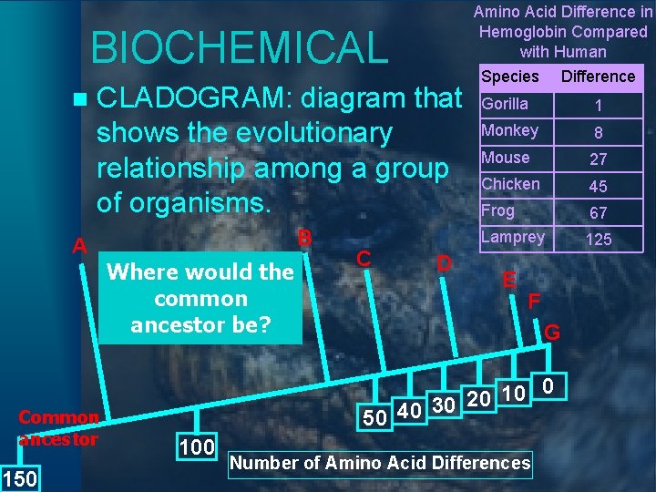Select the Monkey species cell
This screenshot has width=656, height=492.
coord(509,131)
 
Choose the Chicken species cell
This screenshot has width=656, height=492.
coord(510,184)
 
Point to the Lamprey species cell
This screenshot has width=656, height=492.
coord(513,237)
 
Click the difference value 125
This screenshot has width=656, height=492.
coord(599,240)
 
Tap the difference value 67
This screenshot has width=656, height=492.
coord(599,213)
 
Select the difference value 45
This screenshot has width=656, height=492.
coord(599,187)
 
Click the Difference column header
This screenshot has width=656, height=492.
coord(598,77)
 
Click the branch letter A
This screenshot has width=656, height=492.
coord(80,247)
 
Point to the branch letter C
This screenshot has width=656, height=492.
coord(363,258)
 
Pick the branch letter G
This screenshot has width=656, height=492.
coord(552,333)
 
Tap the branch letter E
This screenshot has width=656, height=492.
coord(510,280)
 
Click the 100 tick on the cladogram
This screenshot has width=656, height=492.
coord(197,446)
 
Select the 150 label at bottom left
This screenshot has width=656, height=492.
coord(18,478)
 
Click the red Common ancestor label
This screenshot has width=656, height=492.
coord(58,428)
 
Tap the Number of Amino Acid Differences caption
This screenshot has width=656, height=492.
coord(379,463)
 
